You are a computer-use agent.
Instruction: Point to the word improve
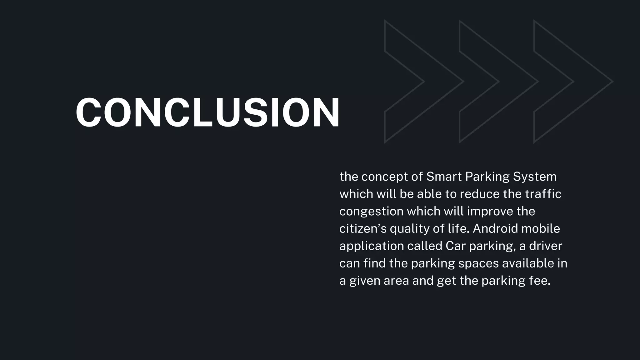coord(490,212)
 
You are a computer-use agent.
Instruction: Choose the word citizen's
coord(363,229)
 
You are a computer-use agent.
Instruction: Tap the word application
coord(372,246)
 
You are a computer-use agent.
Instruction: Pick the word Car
coord(456,246)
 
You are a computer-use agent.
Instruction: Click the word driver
coord(546,246)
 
